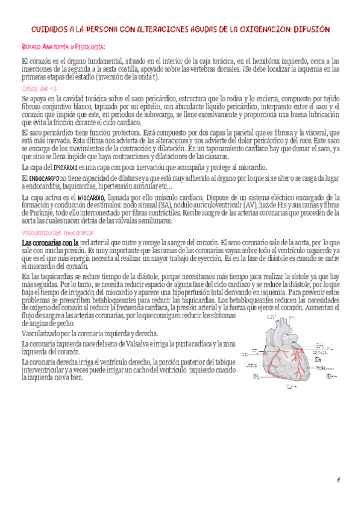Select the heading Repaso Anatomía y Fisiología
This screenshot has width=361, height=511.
(64, 47)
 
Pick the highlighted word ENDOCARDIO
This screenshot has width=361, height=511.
(43, 179)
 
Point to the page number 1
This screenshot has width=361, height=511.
(339, 480)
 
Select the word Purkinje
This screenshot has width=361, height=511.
(34, 213)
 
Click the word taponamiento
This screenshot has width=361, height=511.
(218, 148)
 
